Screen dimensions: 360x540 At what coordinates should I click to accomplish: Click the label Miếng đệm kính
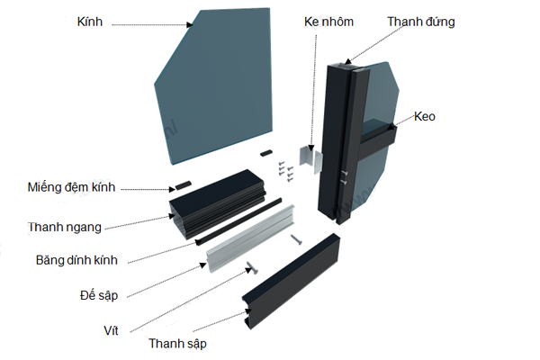(x=73, y=188)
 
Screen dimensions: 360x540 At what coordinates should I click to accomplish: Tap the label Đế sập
(x=100, y=294)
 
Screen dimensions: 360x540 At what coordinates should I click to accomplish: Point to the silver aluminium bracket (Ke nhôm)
(x=310, y=160)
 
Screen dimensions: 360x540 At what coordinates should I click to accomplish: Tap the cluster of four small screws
(x=286, y=168)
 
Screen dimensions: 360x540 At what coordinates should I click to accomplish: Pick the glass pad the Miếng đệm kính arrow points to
(x=183, y=183)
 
